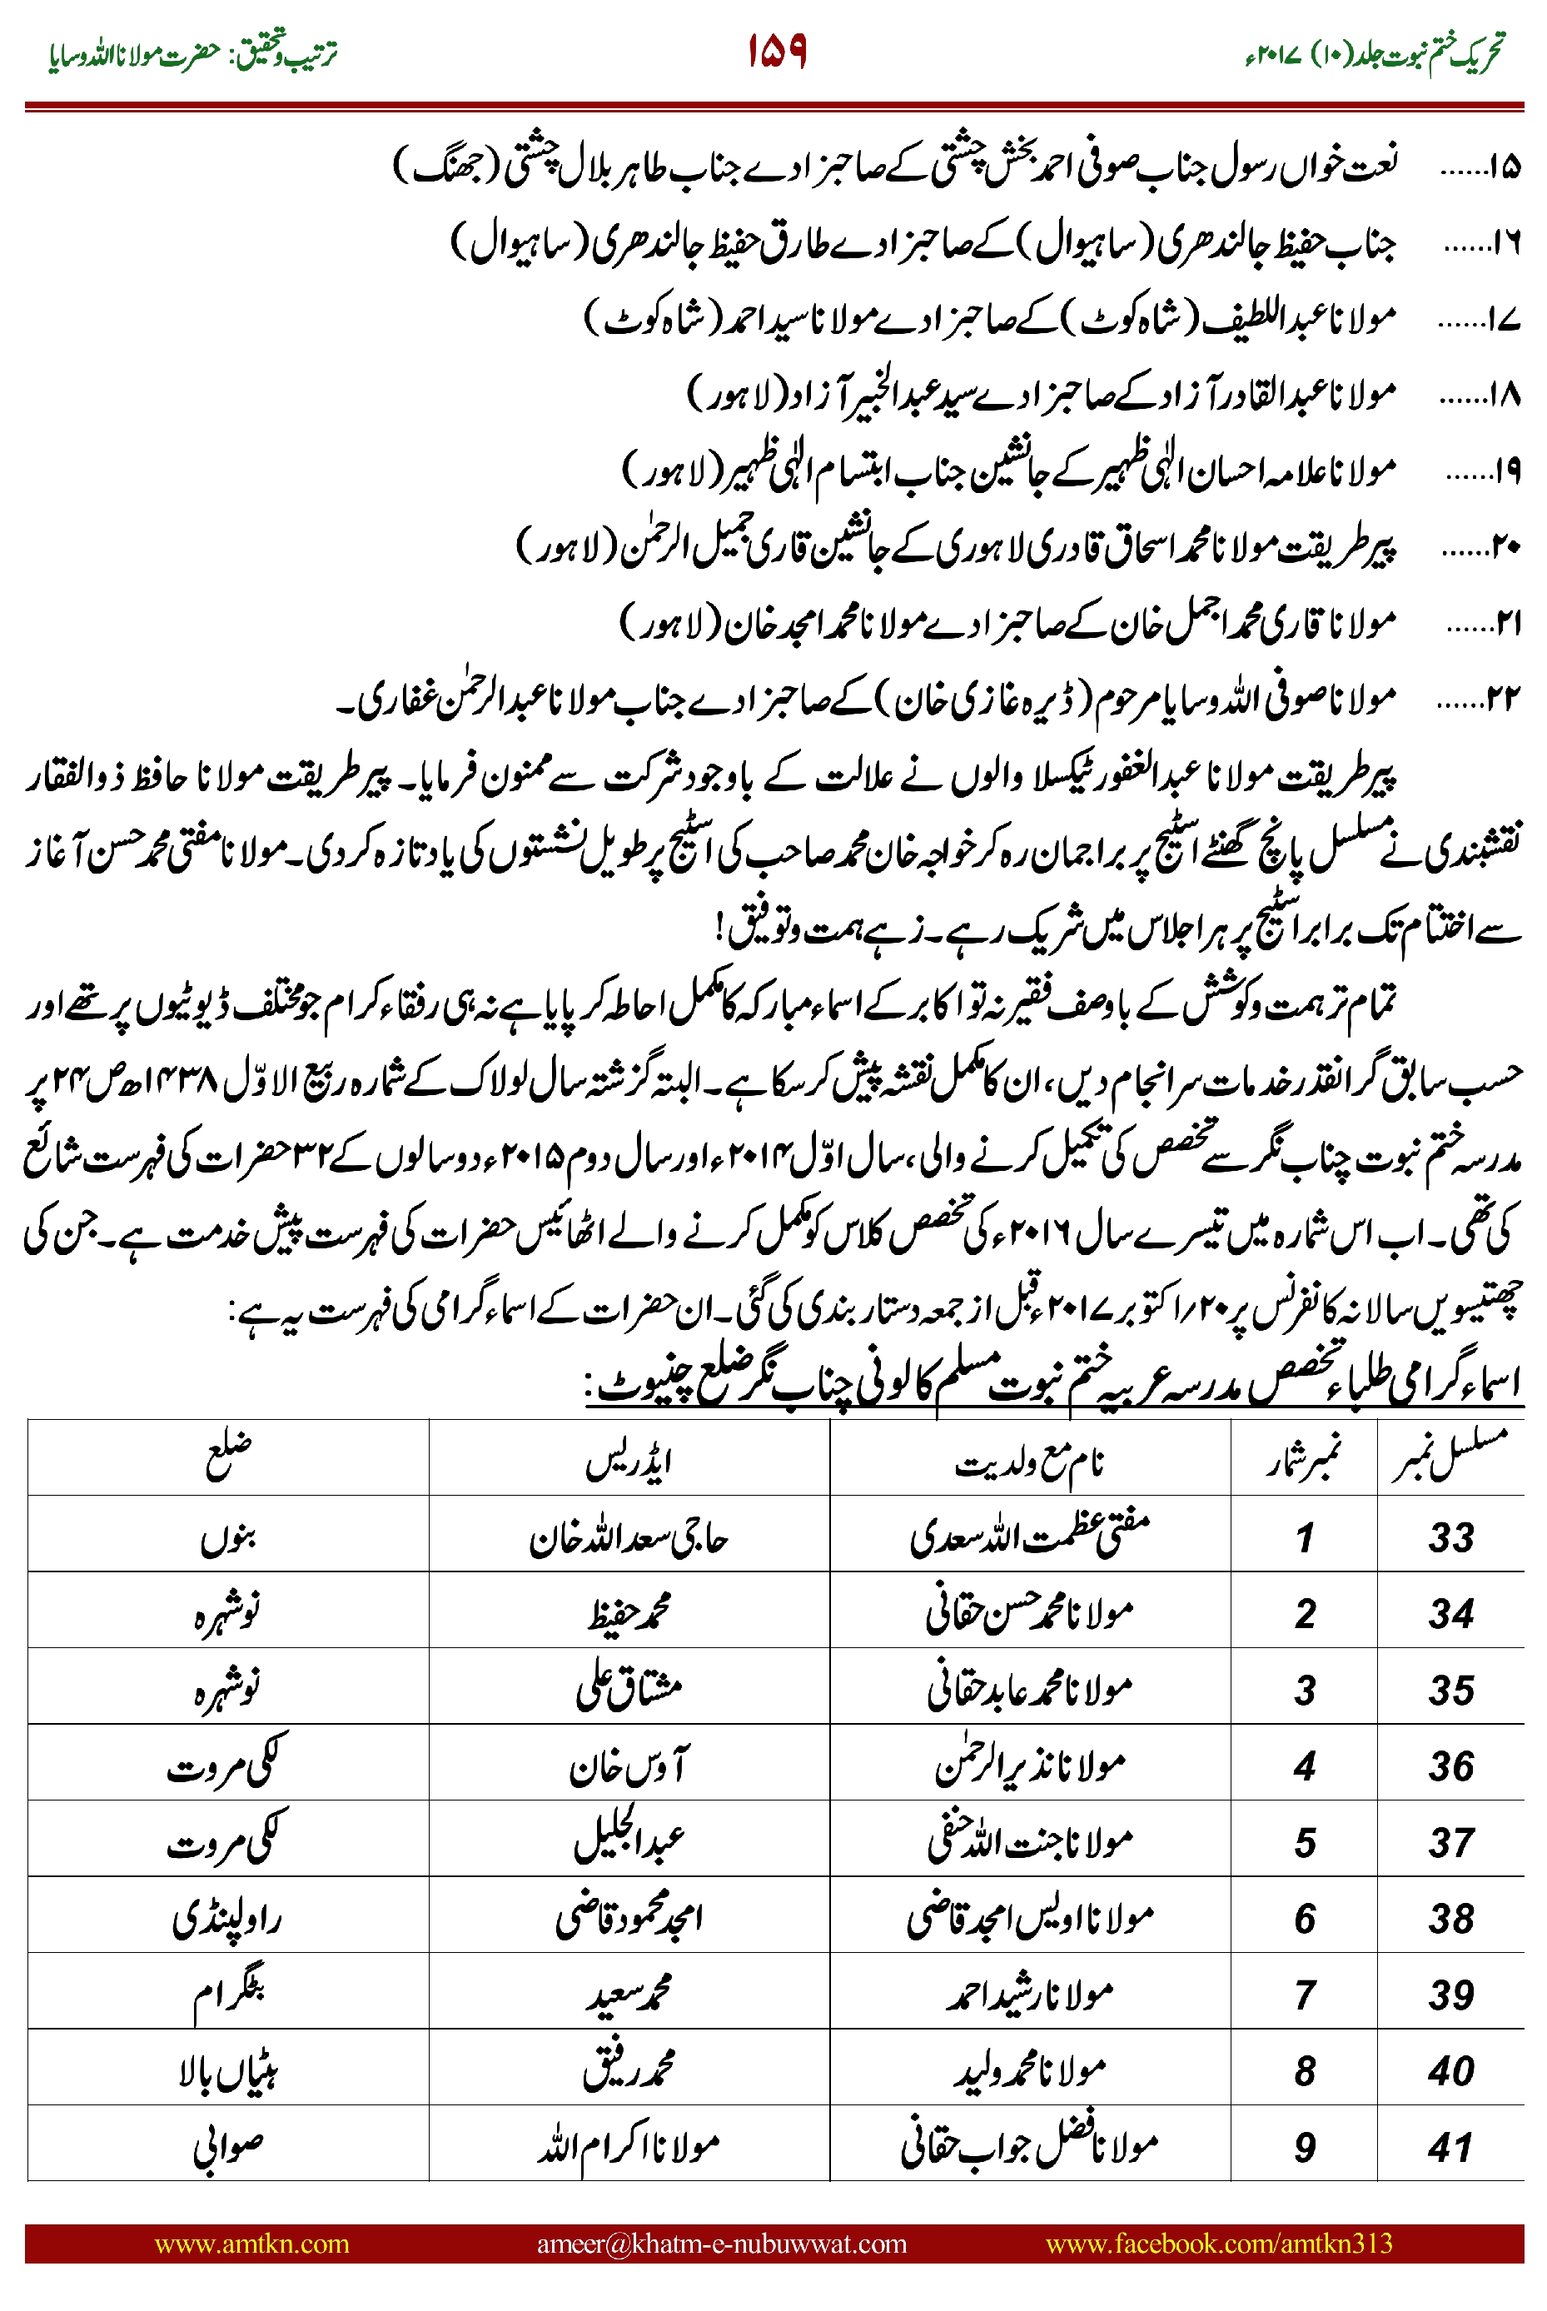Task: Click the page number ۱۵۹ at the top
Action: [x=777, y=52]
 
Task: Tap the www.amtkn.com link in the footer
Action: [x=251, y=2243]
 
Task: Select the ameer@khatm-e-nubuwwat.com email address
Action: [x=721, y=2243]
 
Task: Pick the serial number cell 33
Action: [x=1450, y=1537]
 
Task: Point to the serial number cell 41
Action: [x=1450, y=2147]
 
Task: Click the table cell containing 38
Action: [x=1450, y=1918]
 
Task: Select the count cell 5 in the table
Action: [x=1305, y=1842]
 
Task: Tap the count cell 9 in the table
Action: [x=1305, y=2147]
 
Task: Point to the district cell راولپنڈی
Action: [x=227, y=1918]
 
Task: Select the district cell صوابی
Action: [x=228, y=2147]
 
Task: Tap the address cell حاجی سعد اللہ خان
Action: [x=629, y=1537]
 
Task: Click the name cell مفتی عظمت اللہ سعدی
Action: [x=1029, y=1537]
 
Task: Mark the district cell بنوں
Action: [x=228, y=1537]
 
